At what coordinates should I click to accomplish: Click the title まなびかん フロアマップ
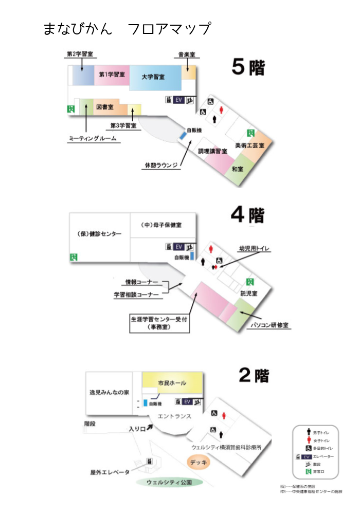(127, 29)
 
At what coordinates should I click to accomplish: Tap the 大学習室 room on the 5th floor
(154, 77)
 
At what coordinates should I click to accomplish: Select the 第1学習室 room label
(112, 75)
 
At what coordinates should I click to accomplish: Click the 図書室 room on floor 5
(105, 107)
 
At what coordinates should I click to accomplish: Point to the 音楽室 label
(186, 55)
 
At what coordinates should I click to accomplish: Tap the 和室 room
(238, 169)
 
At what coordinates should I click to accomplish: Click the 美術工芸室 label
(249, 146)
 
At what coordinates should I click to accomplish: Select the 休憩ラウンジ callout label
(161, 165)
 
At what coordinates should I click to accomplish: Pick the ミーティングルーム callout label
(93, 139)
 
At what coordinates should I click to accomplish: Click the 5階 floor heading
(248, 67)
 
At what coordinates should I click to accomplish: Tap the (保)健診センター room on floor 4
(99, 234)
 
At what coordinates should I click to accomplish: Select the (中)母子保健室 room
(161, 225)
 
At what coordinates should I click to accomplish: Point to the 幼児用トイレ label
(254, 249)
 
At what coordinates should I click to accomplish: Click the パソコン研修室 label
(269, 326)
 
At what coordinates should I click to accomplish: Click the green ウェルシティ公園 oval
(169, 482)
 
